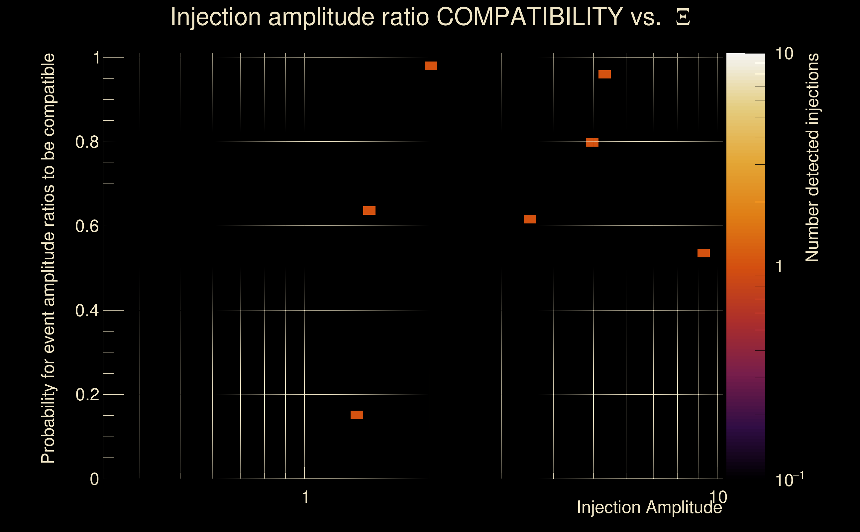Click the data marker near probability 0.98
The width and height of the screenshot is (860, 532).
click(x=431, y=66)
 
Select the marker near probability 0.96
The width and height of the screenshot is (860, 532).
click(x=604, y=74)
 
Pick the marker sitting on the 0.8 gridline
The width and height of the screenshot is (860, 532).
click(x=592, y=143)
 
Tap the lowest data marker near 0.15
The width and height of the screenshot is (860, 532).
click(x=357, y=415)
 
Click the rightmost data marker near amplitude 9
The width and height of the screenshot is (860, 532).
click(x=703, y=253)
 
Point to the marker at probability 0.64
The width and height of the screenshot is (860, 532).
click(x=369, y=210)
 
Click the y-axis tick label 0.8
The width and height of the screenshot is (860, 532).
click(x=87, y=142)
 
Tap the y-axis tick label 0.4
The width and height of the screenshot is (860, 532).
click(x=87, y=311)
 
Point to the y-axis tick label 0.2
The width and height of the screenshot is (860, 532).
click(x=87, y=395)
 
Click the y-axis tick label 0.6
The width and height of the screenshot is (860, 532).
click(x=87, y=226)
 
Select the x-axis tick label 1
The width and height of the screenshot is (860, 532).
click(x=305, y=497)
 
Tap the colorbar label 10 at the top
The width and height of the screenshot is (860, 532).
click(x=784, y=54)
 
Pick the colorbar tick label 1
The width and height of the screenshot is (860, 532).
click(x=779, y=266)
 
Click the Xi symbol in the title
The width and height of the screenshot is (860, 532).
click(x=683, y=17)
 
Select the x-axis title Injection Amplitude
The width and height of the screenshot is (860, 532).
click(x=649, y=507)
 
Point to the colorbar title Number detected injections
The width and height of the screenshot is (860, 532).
click(x=812, y=157)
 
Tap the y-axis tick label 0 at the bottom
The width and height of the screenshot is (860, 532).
click(x=94, y=479)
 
